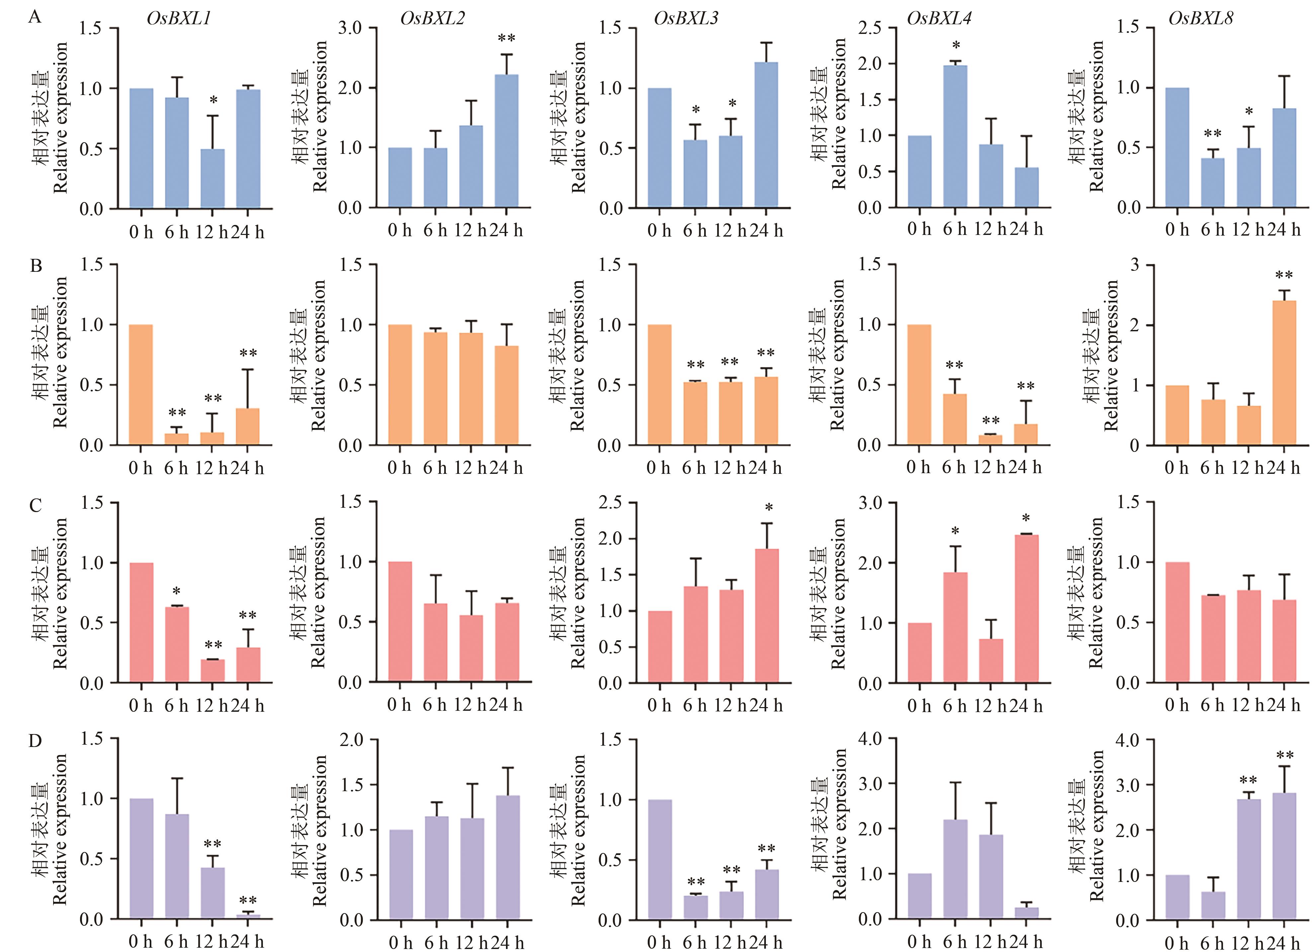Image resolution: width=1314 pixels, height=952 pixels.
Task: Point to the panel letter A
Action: (35, 17)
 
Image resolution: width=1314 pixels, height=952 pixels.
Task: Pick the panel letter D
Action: (35, 741)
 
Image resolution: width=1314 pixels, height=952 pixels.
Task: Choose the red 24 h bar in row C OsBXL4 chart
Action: (1026, 609)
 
